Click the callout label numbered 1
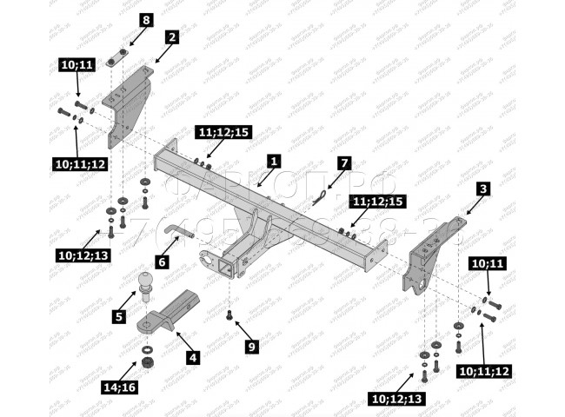274,162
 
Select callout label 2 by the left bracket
172,37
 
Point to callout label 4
193,357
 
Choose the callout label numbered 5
118,316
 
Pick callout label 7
344,162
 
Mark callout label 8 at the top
145,19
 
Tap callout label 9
252,347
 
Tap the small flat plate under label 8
117,61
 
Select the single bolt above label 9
229,316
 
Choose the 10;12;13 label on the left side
84,255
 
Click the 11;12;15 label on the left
223,132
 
